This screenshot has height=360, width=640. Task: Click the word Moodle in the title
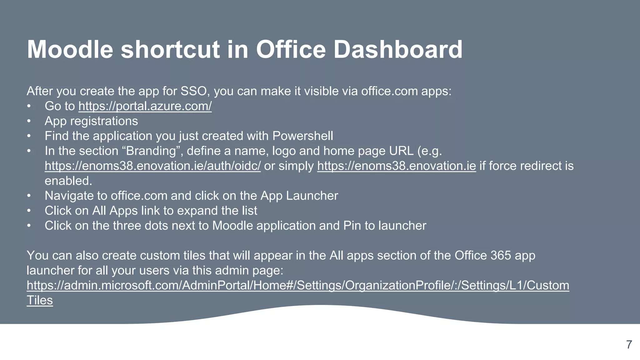click(70, 49)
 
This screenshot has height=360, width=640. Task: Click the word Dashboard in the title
click(398, 49)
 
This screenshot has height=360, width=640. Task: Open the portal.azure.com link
click(145, 106)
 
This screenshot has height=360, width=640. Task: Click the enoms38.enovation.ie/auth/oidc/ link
click(152, 166)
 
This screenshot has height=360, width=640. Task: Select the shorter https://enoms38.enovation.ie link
click(396, 166)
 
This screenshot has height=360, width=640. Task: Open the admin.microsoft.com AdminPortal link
click(297, 286)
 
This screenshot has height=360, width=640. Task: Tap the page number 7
click(629, 345)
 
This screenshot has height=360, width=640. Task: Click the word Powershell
click(302, 136)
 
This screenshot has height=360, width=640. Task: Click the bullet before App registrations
click(29, 121)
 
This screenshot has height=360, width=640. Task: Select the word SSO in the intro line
click(193, 91)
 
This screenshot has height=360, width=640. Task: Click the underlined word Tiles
click(40, 300)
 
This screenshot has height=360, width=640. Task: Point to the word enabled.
click(68, 181)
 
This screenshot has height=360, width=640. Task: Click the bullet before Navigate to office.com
click(29, 196)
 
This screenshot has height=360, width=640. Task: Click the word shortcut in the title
click(170, 49)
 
